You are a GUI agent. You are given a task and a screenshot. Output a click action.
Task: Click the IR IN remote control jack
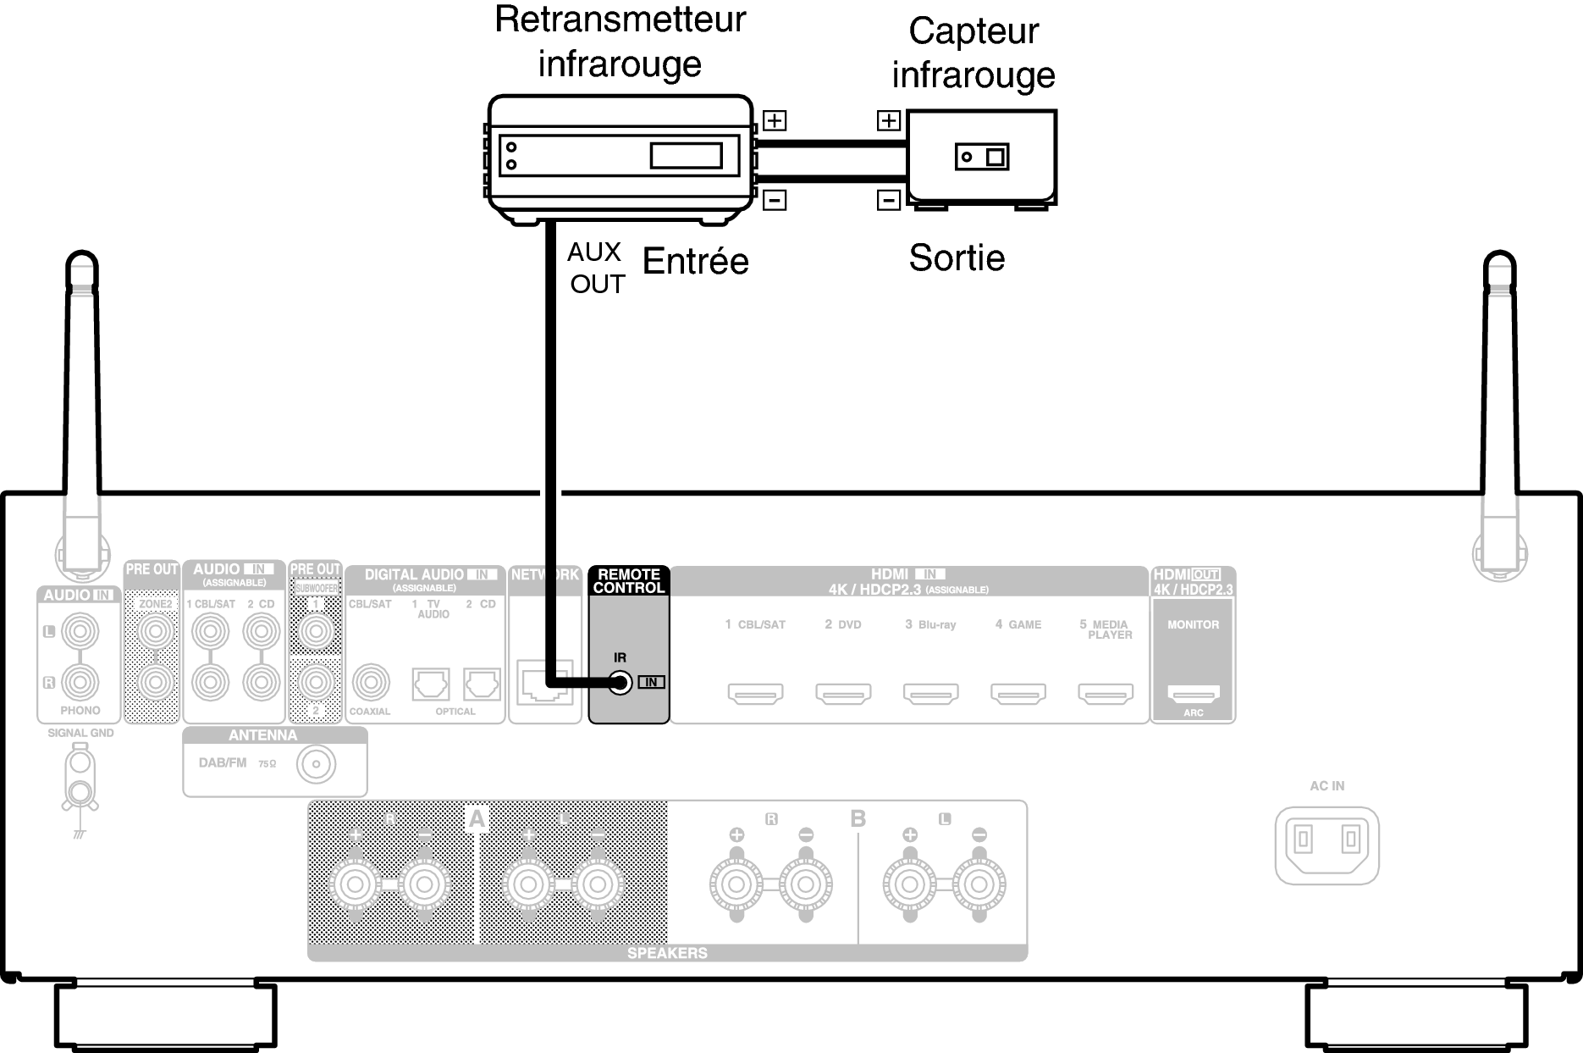(621, 682)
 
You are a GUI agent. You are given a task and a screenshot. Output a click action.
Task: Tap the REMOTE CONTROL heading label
(628, 581)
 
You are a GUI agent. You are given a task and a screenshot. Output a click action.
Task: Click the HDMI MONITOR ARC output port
(1194, 694)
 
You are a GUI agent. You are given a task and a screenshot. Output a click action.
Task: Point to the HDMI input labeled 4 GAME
(1018, 694)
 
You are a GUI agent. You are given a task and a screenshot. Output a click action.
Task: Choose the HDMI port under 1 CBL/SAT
(755, 694)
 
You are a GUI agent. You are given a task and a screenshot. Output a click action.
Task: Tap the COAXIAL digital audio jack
(370, 682)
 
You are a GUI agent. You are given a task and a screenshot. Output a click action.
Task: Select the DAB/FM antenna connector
(316, 766)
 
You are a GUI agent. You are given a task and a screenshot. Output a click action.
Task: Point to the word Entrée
(695, 261)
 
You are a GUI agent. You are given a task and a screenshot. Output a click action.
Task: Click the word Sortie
(957, 258)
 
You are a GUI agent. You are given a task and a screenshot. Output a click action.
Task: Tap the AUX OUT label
(596, 268)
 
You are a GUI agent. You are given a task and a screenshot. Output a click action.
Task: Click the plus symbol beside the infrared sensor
(888, 120)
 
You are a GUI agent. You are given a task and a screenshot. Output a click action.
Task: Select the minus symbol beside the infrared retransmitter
(775, 200)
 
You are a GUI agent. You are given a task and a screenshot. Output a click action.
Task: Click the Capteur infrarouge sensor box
(982, 157)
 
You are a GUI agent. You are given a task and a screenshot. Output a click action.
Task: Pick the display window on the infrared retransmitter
(686, 156)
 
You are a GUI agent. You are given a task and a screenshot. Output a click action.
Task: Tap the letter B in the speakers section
(858, 819)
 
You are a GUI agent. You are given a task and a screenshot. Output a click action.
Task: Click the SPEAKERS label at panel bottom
(667, 953)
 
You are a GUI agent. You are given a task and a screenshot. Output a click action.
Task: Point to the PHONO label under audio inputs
(80, 710)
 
